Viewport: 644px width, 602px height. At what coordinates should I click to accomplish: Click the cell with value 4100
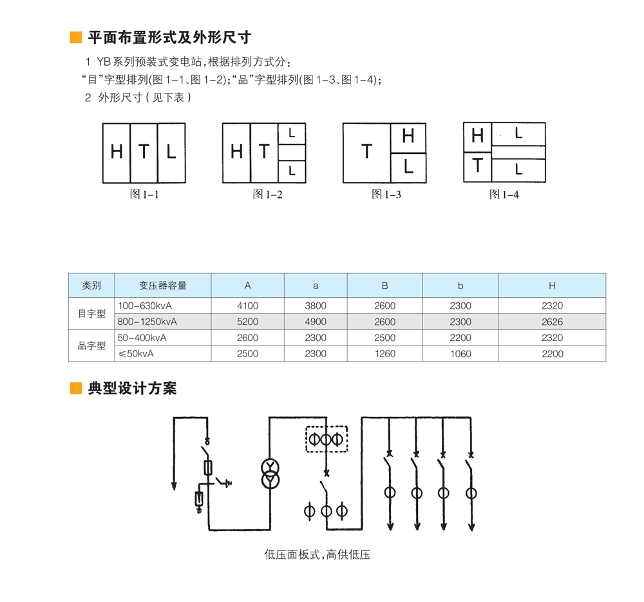click(247, 306)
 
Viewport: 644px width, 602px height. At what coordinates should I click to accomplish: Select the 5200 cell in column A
click(247, 322)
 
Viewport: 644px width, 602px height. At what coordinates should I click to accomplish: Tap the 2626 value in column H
click(552, 322)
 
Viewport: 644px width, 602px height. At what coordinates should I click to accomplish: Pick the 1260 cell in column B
click(384, 354)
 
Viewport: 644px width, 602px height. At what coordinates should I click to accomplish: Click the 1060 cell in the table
click(460, 354)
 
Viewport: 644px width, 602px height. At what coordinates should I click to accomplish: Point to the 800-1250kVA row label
click(147, 322)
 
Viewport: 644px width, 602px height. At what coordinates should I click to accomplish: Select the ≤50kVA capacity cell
click(136, 354)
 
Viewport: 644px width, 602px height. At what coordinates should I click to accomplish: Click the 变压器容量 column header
click(163, 286)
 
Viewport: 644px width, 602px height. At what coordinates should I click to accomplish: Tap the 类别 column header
click(91, 286)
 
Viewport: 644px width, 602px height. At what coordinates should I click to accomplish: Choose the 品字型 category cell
click(91, 346)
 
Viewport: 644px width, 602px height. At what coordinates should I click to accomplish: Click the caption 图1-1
click(144, 194)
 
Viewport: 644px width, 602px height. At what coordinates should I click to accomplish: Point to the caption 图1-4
click(504, 194)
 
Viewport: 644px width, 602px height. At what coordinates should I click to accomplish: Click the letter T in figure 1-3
click(366, 152)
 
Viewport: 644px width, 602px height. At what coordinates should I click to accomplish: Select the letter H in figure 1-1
click(117, 152)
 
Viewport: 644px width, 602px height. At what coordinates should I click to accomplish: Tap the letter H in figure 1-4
click(477, 136)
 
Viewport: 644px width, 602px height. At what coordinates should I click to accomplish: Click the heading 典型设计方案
click(132, 388)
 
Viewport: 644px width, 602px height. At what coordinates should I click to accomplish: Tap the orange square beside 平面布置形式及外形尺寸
click(75, 37)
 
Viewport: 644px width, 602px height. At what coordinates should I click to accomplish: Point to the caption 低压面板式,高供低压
click(317, 554)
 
